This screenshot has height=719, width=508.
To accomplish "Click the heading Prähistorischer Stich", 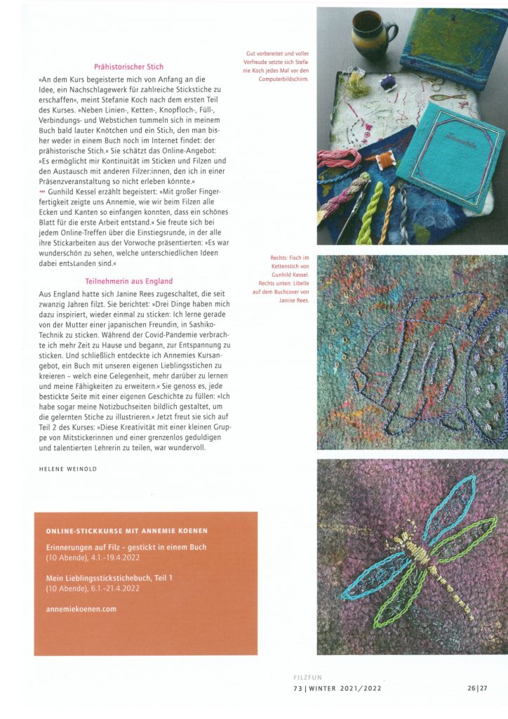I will [129, 67].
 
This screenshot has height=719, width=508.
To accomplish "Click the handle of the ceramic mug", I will [392, 30].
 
